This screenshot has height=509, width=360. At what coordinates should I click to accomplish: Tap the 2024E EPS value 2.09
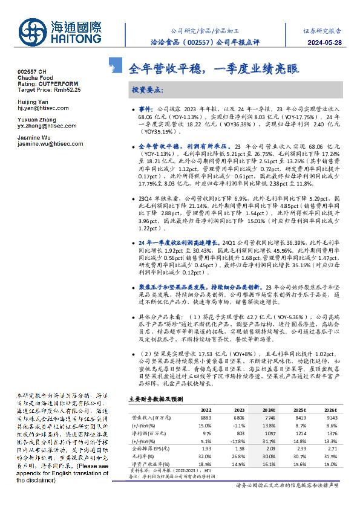pos(269,449)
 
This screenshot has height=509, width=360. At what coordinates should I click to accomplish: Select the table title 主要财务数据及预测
pos(154,399)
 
